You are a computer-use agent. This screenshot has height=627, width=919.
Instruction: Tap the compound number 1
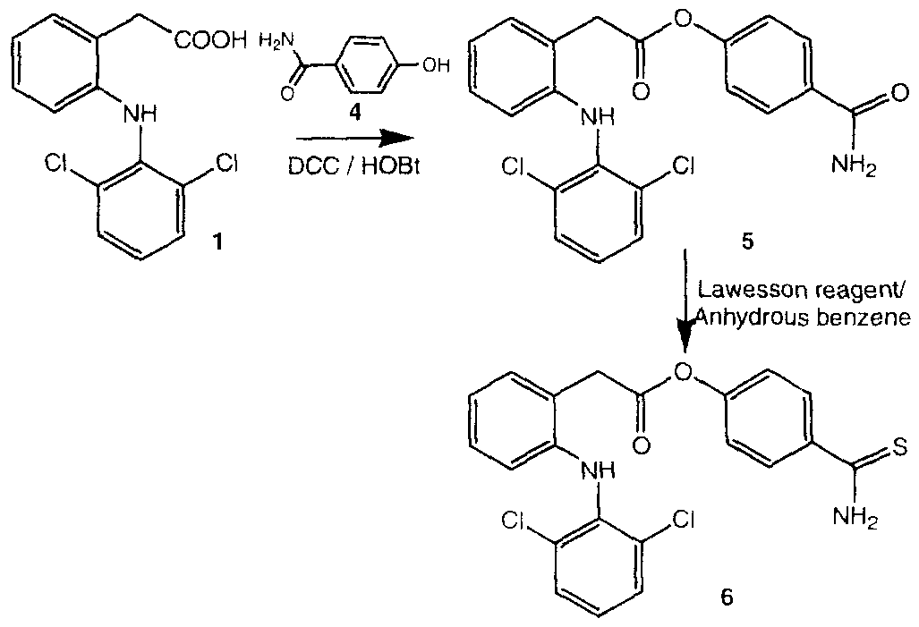coord(217,241)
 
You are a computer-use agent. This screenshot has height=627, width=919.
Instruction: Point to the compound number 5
coord(747,241)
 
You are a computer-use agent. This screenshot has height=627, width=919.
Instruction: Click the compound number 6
coord(727,599)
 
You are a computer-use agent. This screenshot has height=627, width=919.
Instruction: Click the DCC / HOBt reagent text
coord(354,167)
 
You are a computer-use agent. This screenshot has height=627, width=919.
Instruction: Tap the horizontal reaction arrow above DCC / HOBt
coord(354,139)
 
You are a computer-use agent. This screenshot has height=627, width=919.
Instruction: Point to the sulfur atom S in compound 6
coord(900,448)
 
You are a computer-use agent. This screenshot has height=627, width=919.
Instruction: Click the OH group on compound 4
coord(436,65)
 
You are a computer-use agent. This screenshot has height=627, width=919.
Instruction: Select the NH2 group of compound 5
coord(854,167)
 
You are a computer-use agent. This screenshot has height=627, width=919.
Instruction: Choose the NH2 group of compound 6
coord(854,517)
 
